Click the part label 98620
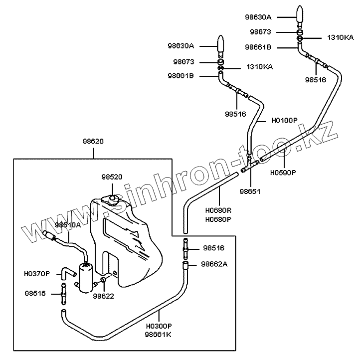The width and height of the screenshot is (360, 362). tap(93, 141)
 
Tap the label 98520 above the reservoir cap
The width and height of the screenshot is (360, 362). tap(112, 177)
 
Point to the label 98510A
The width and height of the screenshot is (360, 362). tap(68, 225)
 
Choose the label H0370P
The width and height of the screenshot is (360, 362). tap(37, 274)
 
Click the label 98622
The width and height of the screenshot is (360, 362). tap(103, 296)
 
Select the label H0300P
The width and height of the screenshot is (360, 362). tap(159, 327)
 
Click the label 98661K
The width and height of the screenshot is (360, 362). tap(159, 334)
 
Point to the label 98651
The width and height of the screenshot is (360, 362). tap(250, 191)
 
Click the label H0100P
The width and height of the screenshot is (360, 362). tap(284, 121)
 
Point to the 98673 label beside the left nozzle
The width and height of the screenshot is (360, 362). tap(184, 62)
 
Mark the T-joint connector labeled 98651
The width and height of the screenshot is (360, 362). tap(249, 163)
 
